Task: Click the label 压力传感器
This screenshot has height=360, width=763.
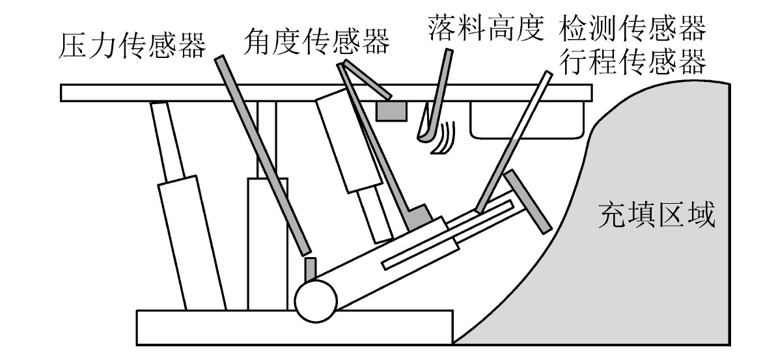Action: click(x=132, y=45)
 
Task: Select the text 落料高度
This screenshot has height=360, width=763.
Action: click(x=485, y=27)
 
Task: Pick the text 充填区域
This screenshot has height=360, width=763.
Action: click(x=657, y=215)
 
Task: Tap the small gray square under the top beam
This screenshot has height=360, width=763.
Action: click(x=391, y=111)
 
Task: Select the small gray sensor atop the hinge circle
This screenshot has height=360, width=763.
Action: click(x=310, y=270)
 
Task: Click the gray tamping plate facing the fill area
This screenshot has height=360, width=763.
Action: click(x=527, y=202)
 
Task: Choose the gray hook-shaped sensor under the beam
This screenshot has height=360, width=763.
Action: click(x=434, y=96)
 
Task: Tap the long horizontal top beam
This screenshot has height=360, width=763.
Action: click(x=326, y=93)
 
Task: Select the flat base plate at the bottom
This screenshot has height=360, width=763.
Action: click(x=295, y=327)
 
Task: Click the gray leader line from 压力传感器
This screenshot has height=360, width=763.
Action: click(x=262, y=155)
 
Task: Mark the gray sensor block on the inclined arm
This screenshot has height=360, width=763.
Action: click(x=419, y=217)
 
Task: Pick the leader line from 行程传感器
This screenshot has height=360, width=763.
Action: click(x=514, y=142)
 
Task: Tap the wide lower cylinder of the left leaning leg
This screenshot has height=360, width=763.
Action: click(x=192, y=243)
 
